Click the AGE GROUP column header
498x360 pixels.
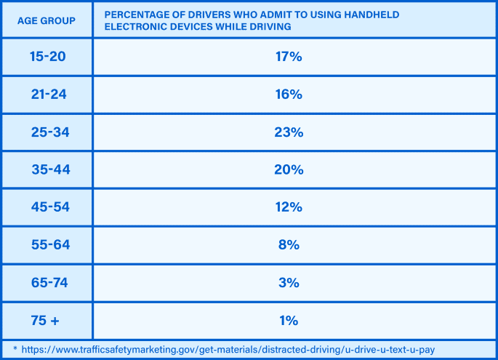(x=47, y=20)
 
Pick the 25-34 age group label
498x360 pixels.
(x=49, y=132)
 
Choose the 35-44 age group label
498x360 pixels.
(x=49, y=169)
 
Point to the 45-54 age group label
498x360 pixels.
(x=49, y=207)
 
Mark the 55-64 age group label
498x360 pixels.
(x=49, y=245)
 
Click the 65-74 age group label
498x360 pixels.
(x=49, y=283)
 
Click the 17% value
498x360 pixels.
(x=289, y=56)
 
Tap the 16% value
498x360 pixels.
(x=289, y=94)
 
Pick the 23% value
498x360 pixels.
(x=289, y=132)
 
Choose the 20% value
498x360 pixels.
(x=289, y=169)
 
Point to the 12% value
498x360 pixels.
(x=289, y=207)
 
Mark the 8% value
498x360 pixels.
(x=289, y=245)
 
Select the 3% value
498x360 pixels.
(x=289, y=283)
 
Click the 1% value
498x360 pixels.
(x=289, y=321)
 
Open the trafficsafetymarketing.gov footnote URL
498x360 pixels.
(x=228, y=350)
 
